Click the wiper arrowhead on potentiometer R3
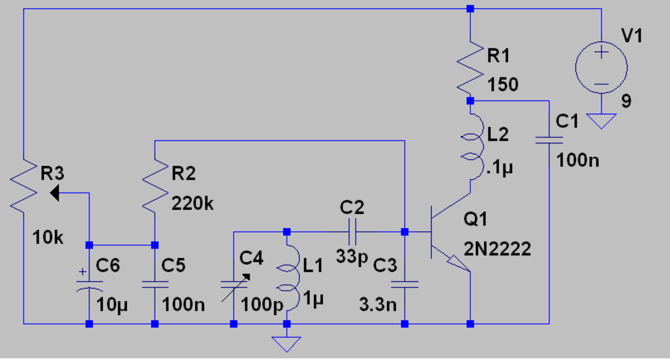(56, 193)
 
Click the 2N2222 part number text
(497, 249)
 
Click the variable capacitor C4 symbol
(234, 285)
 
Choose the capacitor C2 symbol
(352, 231)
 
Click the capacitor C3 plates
(405, 285)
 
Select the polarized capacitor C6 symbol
(89, 285)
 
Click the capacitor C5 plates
(155, 285)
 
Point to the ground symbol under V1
(601, 120)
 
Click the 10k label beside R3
(48, 237)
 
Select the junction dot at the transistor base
(405, 231)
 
